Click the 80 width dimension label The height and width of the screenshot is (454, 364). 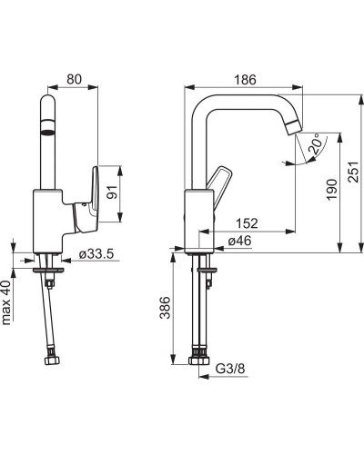click(75, 79)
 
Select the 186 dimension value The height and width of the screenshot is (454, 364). click(245, 80)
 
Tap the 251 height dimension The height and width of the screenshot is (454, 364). click(353, 172)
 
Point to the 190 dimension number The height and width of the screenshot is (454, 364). click(332, 189)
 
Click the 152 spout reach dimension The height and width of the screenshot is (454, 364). click(247, 223)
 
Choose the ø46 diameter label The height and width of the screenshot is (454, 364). click(239, 241)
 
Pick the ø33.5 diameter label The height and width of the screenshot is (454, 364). click(96, 254)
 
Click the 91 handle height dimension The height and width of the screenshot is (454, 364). click(112, 192)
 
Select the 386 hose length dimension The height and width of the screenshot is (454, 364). click(166, 308)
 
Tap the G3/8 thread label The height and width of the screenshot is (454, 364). click(230, 369)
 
